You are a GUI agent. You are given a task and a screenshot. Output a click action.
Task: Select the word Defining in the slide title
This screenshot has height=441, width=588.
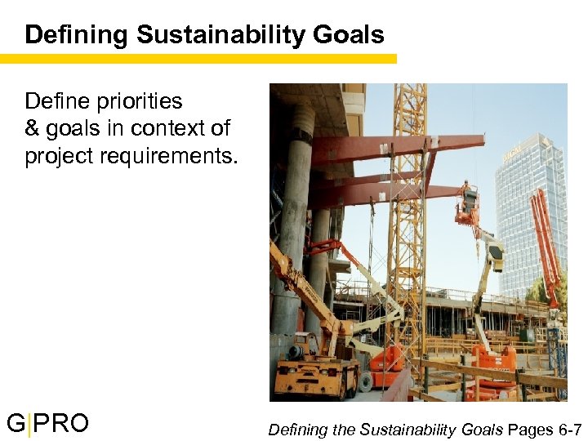pos(77,35)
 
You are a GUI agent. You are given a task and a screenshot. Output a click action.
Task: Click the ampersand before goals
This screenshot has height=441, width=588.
pos(32,128)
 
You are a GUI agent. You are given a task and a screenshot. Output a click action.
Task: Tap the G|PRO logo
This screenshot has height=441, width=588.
pos(47,424)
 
